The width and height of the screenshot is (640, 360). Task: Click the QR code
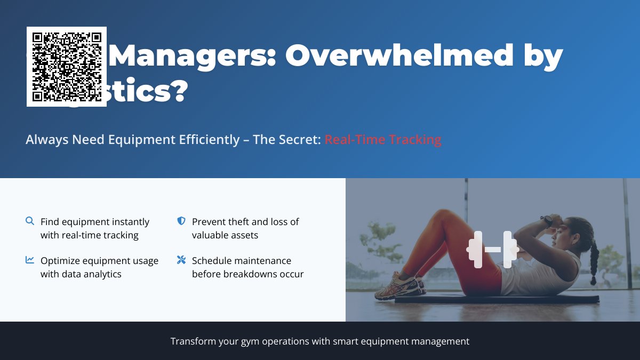click(67, 67)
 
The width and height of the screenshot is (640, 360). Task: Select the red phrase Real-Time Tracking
click(383, 140)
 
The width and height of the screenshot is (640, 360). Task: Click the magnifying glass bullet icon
click(30, 221)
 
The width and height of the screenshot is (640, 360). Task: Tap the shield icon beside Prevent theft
click(181, 221)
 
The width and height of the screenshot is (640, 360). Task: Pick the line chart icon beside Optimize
click(30, 260)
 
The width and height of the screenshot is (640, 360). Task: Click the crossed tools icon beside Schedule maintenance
click(181, 260)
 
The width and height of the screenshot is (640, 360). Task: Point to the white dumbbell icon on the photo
click(492, 250)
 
